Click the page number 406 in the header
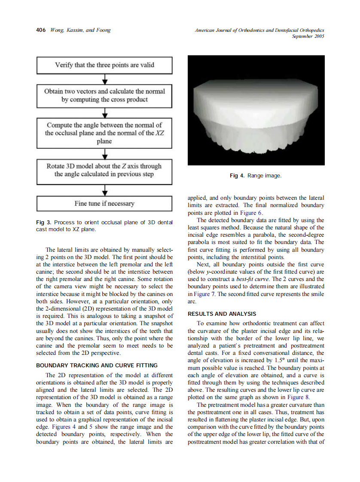(41, 30)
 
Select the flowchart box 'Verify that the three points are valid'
(104, 65)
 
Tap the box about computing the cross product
(104, 95)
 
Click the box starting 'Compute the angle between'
(104, 133)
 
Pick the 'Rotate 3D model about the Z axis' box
(104, 170)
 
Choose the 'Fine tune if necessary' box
(104, 203)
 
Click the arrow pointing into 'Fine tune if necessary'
(104, 191)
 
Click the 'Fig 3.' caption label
(43, 222)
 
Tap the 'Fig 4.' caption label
(238, 176)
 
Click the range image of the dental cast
(256, 110)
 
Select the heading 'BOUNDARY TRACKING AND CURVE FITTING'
(97, 366)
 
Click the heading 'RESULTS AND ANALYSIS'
(222, 314)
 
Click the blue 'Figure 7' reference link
(202, 294)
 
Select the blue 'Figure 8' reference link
(298, 397)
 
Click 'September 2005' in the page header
(308, 37)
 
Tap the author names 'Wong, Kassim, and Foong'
(80, 30)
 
